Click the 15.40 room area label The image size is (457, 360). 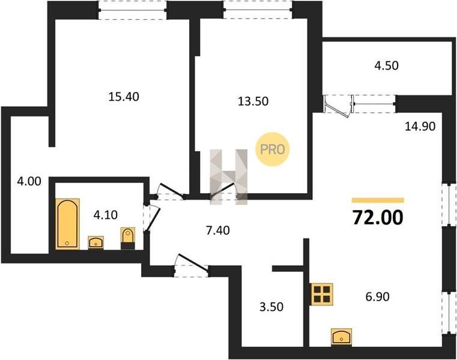[124, 97]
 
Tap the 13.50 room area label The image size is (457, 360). [253, 101]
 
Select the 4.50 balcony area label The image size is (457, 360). [386, 65]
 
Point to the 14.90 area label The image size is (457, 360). [420, 126]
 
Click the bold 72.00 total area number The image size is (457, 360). [378, 218]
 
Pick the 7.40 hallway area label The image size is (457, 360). [217, 230]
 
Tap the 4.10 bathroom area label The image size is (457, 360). [105, 215]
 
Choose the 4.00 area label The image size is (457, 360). [29, 181]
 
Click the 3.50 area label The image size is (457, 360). [271, 307]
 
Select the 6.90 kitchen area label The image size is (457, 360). [378, 296]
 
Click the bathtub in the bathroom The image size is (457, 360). [67, 224]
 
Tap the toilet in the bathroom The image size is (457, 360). [128, 238]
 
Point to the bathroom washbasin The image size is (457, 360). [95, 242]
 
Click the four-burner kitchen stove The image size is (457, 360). [322, 294]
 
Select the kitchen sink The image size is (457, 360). [341, 338]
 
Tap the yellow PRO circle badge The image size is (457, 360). [272, 149]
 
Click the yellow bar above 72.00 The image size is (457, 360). [378, 200]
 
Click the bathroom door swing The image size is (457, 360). [151, 217]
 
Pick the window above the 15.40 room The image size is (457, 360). [133, 10]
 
